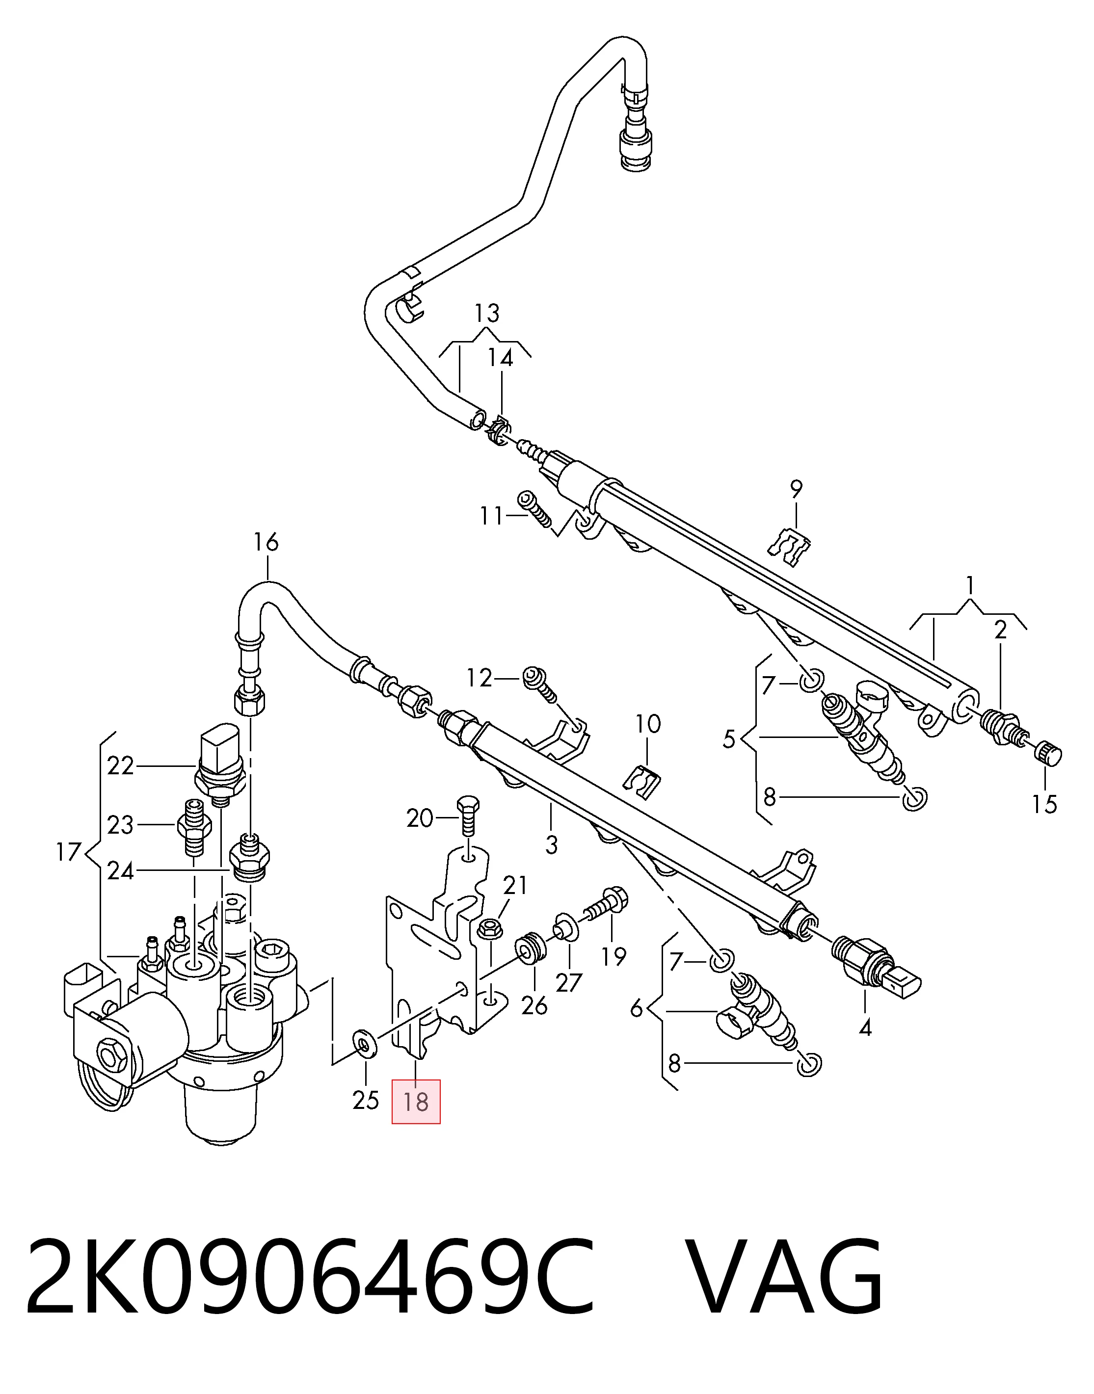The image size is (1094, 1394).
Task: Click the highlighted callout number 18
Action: coord(416,1102)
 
